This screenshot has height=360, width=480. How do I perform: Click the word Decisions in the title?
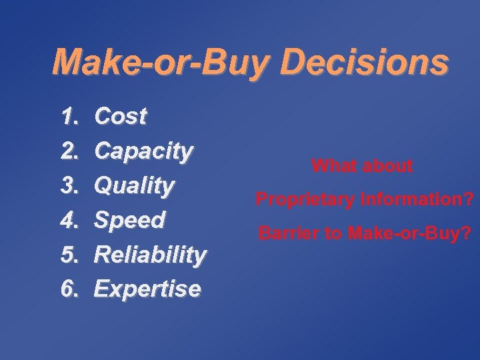coord(365,63)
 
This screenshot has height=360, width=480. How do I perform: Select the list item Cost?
coord(121,117)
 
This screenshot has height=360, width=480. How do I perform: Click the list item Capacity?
coord(143,152)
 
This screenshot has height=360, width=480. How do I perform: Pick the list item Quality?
coord(134,186)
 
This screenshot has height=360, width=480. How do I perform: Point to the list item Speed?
coord(129,221)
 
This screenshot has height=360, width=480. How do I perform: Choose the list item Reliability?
coord(150,255)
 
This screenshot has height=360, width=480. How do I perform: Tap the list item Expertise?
coord(147,289)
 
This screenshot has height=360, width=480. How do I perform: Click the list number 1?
coord(69,117)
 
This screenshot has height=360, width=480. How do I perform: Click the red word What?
coord(335,166)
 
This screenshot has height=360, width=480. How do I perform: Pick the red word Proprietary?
coord(303,199)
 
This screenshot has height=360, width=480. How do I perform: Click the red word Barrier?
coord(286,234)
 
